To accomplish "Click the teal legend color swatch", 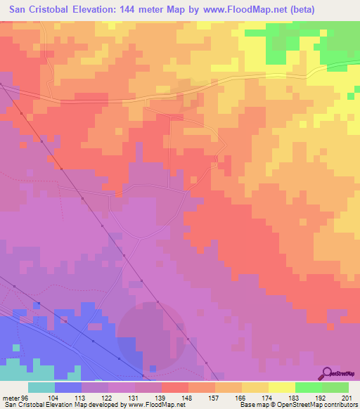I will coord(41,387).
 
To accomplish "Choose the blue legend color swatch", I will coord(68,387).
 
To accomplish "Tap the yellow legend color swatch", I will coord(281,387).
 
